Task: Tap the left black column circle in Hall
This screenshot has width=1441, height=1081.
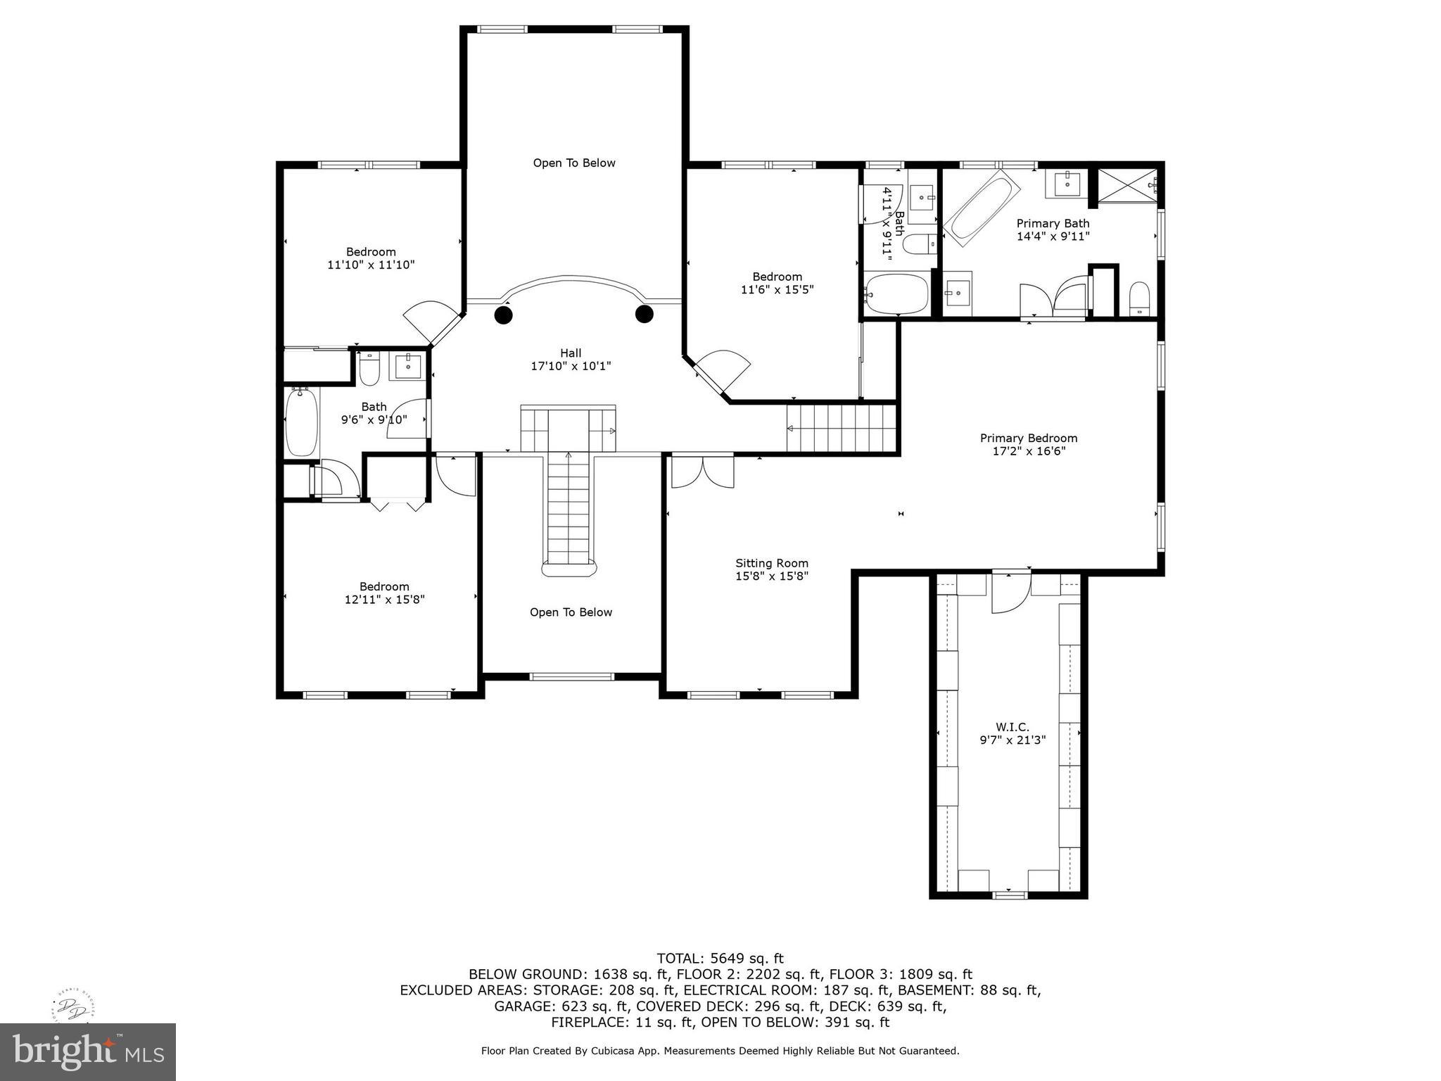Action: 503,315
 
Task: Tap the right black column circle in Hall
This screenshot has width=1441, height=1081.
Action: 645,314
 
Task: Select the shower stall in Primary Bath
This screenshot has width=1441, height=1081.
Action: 1127,187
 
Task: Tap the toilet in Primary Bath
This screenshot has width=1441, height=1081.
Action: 1139,298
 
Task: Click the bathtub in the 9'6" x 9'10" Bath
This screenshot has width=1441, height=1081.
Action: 302,422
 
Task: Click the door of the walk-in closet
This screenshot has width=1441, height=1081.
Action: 1011,593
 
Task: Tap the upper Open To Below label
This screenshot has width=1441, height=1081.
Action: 574,163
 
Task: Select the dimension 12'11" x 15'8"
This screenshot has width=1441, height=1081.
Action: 384,600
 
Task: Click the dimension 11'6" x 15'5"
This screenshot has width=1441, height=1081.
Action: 777,289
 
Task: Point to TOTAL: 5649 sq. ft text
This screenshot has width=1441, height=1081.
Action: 720,958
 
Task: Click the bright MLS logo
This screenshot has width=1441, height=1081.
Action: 88,1051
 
